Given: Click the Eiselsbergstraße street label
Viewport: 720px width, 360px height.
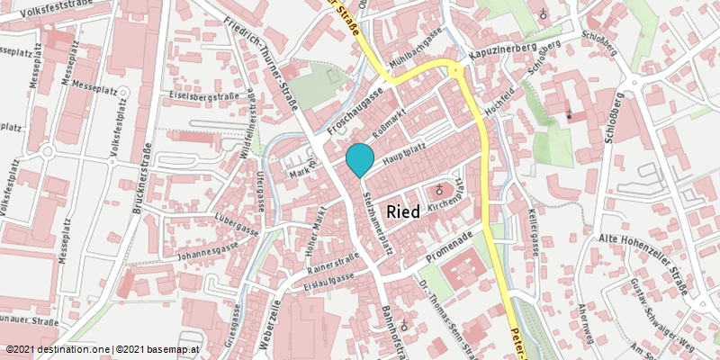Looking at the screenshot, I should point(204,94).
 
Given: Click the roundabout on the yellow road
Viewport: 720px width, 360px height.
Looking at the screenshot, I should point(457,71).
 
